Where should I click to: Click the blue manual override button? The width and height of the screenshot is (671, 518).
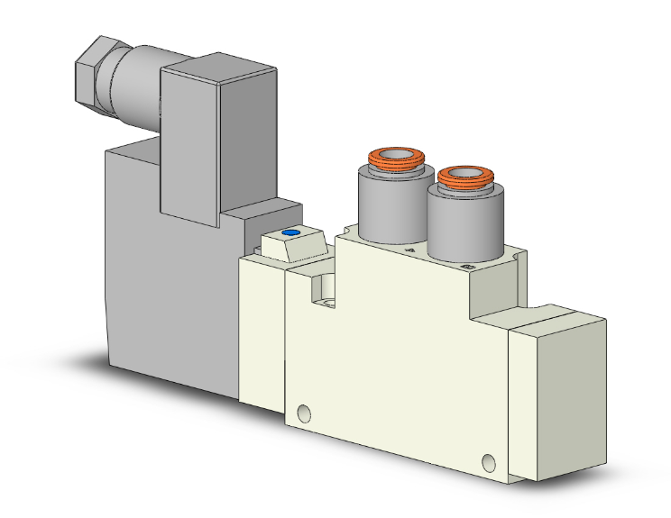pyautogui.click(x=290, y=233)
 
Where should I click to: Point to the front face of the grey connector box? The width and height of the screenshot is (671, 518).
pyautogui.click(x=189, y=144)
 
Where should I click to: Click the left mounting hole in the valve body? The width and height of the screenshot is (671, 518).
pyautogui.click(x=304, y=413)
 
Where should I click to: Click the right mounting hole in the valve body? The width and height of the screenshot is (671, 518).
pyautogui.click(x=489, y=463)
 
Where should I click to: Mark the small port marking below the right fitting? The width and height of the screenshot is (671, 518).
pyautogui.click(x=466, y=268)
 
